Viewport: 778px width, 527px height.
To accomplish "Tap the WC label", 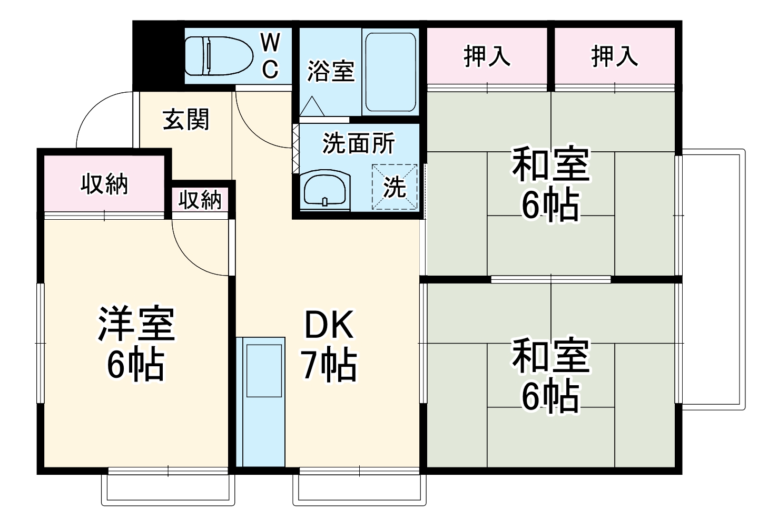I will point(270,55).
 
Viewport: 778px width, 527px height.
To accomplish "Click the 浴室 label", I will point(331,71).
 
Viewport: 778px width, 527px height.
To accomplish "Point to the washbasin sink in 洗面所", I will point(324,190).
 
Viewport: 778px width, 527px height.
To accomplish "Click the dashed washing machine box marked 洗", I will point(395,187).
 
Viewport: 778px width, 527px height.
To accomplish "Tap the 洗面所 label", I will point(358,143).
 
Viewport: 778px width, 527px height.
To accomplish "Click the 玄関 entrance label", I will point(186,120).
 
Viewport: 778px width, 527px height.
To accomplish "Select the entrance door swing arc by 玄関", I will point(103,119).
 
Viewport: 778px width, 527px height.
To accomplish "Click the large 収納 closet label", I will point(104,184).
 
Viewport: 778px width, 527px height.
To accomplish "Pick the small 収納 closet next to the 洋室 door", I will point(200,200).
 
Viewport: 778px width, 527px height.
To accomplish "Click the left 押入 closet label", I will point(487,56).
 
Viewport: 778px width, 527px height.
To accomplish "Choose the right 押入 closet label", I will point(614,56).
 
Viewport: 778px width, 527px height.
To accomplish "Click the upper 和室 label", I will point(550,164).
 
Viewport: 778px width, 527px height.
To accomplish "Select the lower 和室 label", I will point(550,356).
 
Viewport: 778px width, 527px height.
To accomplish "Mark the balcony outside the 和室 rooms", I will point(713,279).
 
